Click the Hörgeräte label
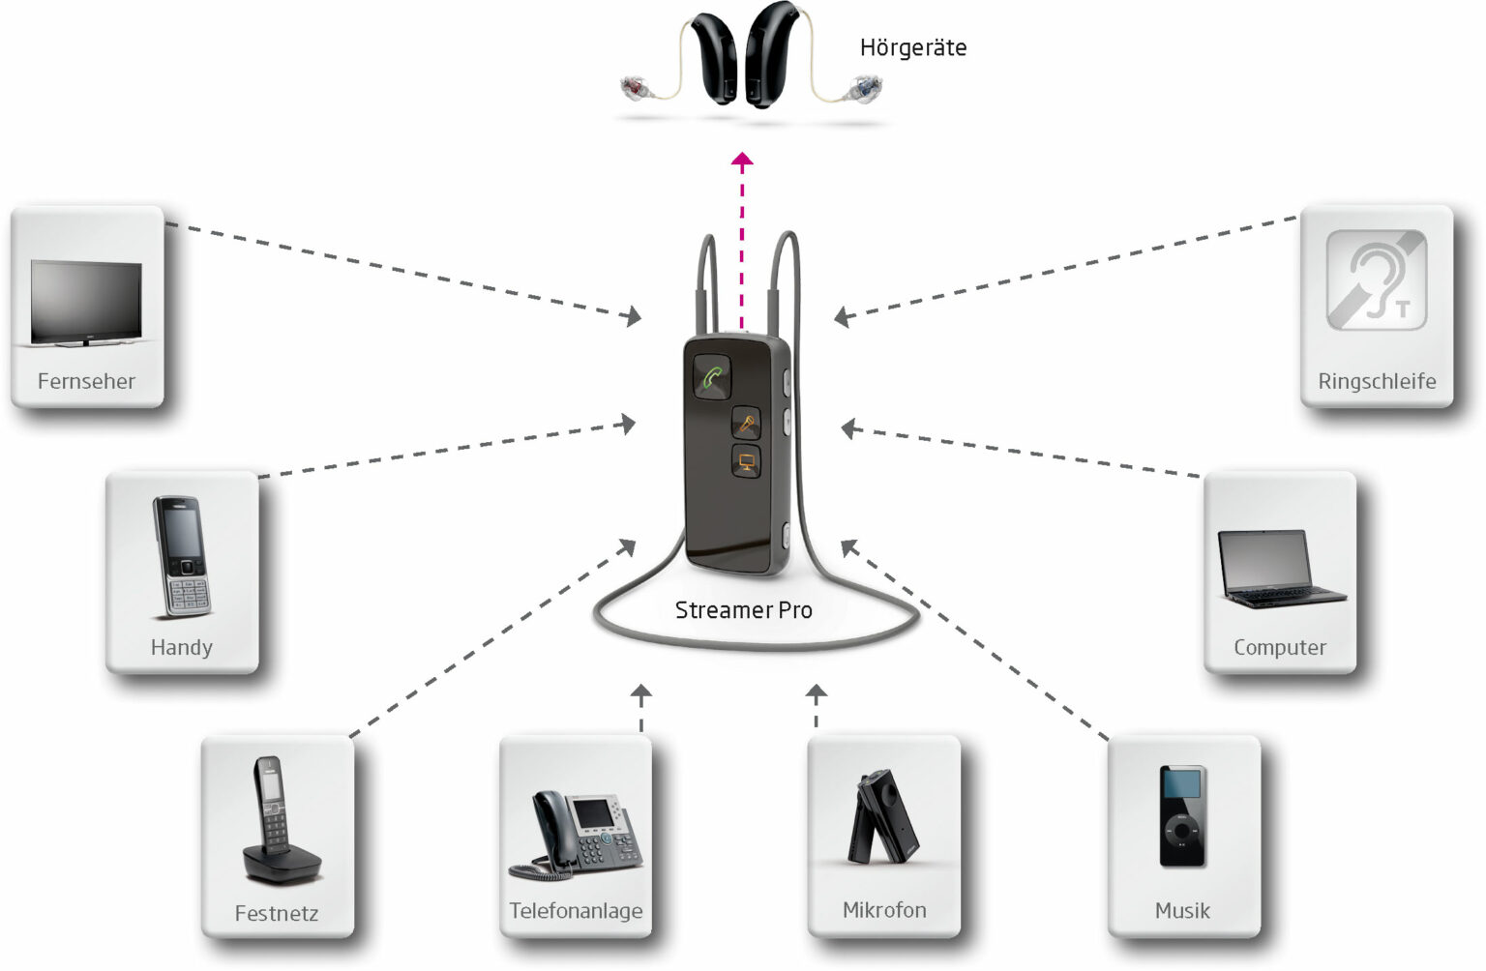click(x=912, y=48)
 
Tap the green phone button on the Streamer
click(x=712, y=377)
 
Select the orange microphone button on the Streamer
click(x=746, y=423)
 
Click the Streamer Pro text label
click(x=743, y=610)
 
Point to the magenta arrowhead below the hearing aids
click(x=742, y=161)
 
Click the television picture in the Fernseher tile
click(x=86, y=302)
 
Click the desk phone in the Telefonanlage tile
click(x=577, y=832)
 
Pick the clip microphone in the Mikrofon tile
click(x=882, y=818)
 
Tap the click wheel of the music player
click(x=1181, y=831)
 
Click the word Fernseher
click(x=86, y=381)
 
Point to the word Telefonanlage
click(x=576, y=911)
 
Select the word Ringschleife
click(x=1376, y=381)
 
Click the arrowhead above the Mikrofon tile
click(x=817, y=692)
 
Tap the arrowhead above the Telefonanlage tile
click(x=640, y=692)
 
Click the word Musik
click(x=1182, y=911)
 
